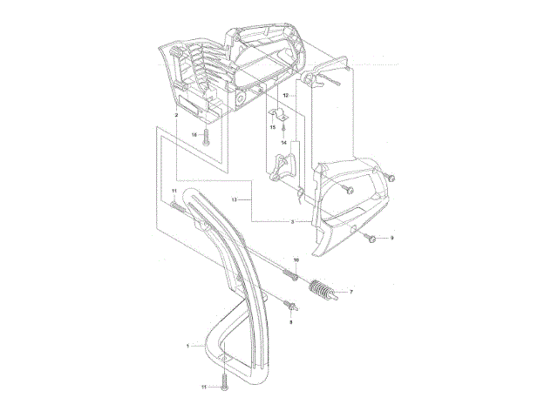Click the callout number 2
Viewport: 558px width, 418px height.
pos(176,115)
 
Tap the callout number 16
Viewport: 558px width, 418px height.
pos(194,134)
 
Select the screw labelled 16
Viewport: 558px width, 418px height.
pos(207,135)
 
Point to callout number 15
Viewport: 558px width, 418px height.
pos(272,127)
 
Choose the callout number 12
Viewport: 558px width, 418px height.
pos(285,92)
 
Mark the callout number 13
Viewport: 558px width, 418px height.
pos(235,199)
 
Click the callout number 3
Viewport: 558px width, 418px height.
pos(293,222)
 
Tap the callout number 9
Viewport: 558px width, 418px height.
pos(391,238)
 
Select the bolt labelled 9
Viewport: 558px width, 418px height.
pos(372,237)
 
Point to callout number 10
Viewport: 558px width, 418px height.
pos(296,260)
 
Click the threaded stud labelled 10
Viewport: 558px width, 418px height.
pos(293,275)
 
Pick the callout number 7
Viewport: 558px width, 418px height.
pos(351,293)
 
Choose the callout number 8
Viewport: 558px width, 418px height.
pos(291,321)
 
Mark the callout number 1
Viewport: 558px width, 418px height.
pos(187,346)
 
